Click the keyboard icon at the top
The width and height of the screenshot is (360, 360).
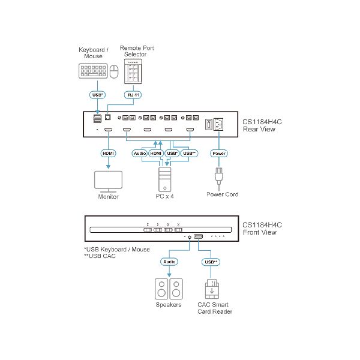tap(92, 72)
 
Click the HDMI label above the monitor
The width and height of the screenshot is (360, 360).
tap(109, 153)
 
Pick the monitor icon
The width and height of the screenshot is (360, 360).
tap(109, 181)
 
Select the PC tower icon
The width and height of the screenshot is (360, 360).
tap(165, 179)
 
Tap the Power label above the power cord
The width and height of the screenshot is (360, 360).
tap(219, 153)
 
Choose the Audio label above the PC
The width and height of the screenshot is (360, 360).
tap(140, 153)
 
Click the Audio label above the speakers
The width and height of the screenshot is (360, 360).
tap(169, 262)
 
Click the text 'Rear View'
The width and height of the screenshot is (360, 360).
tap(259, 128)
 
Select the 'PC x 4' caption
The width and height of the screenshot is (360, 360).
tap(165, 196)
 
